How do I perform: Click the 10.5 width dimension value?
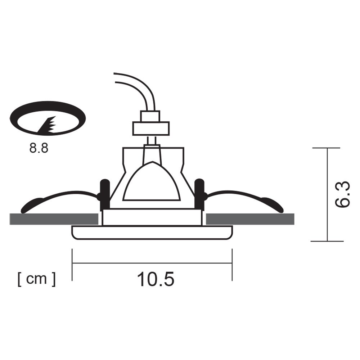(x=156, y=279)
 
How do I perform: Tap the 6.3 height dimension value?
(x=342, y=194)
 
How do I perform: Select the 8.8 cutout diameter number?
(x=39, y=148)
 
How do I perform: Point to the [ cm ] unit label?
(x=37, y=279)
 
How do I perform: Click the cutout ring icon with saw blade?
(x=48, y=118)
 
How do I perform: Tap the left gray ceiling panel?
(x=54, y=219)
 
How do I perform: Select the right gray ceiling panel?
(x=250, y=219)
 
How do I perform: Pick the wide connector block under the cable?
(x=151, y=128)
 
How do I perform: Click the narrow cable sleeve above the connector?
(x=150, y=116)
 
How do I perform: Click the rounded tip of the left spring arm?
(x=28, y=207)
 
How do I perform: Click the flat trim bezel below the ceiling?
(x=152, y=233)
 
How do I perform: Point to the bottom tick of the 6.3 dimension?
(x=327, y=241)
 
